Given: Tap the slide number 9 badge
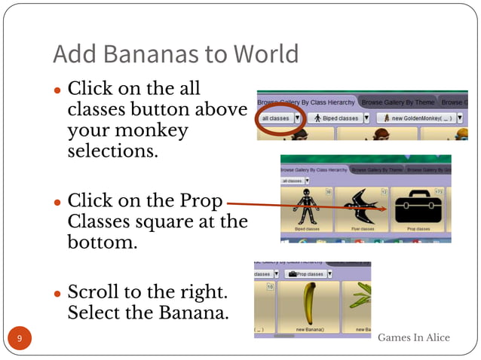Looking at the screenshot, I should [20, 338].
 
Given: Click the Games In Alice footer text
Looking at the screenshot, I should [413, 337].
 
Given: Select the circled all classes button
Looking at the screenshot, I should [276, 118].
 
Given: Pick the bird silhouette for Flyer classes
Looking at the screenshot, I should [363, 206].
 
